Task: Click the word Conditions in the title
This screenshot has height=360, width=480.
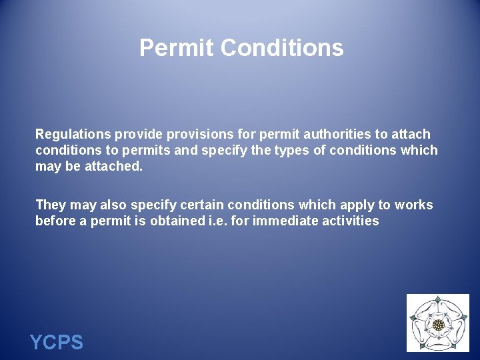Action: click(x=282, y=48)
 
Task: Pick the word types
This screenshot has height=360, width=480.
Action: click(x=289, y=150)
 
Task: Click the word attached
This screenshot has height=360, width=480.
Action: click(x=114, y=166)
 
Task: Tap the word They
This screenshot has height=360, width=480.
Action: click(x=51, y=205)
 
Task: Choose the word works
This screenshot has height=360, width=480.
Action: click(x=413, y=205)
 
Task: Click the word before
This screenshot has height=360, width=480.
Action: click(x=56, y=221)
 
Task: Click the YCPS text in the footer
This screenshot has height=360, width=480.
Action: click(x=57, y=343)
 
